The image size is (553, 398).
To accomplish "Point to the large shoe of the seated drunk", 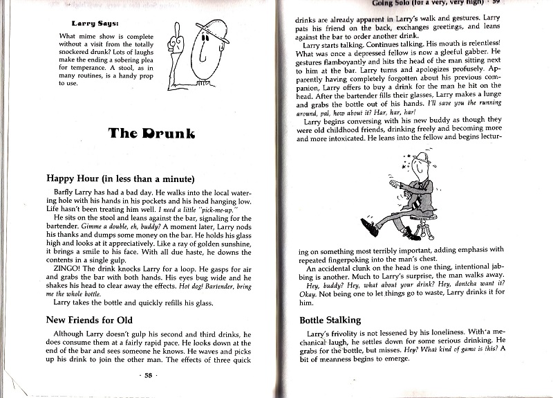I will click(x=368, y=224).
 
